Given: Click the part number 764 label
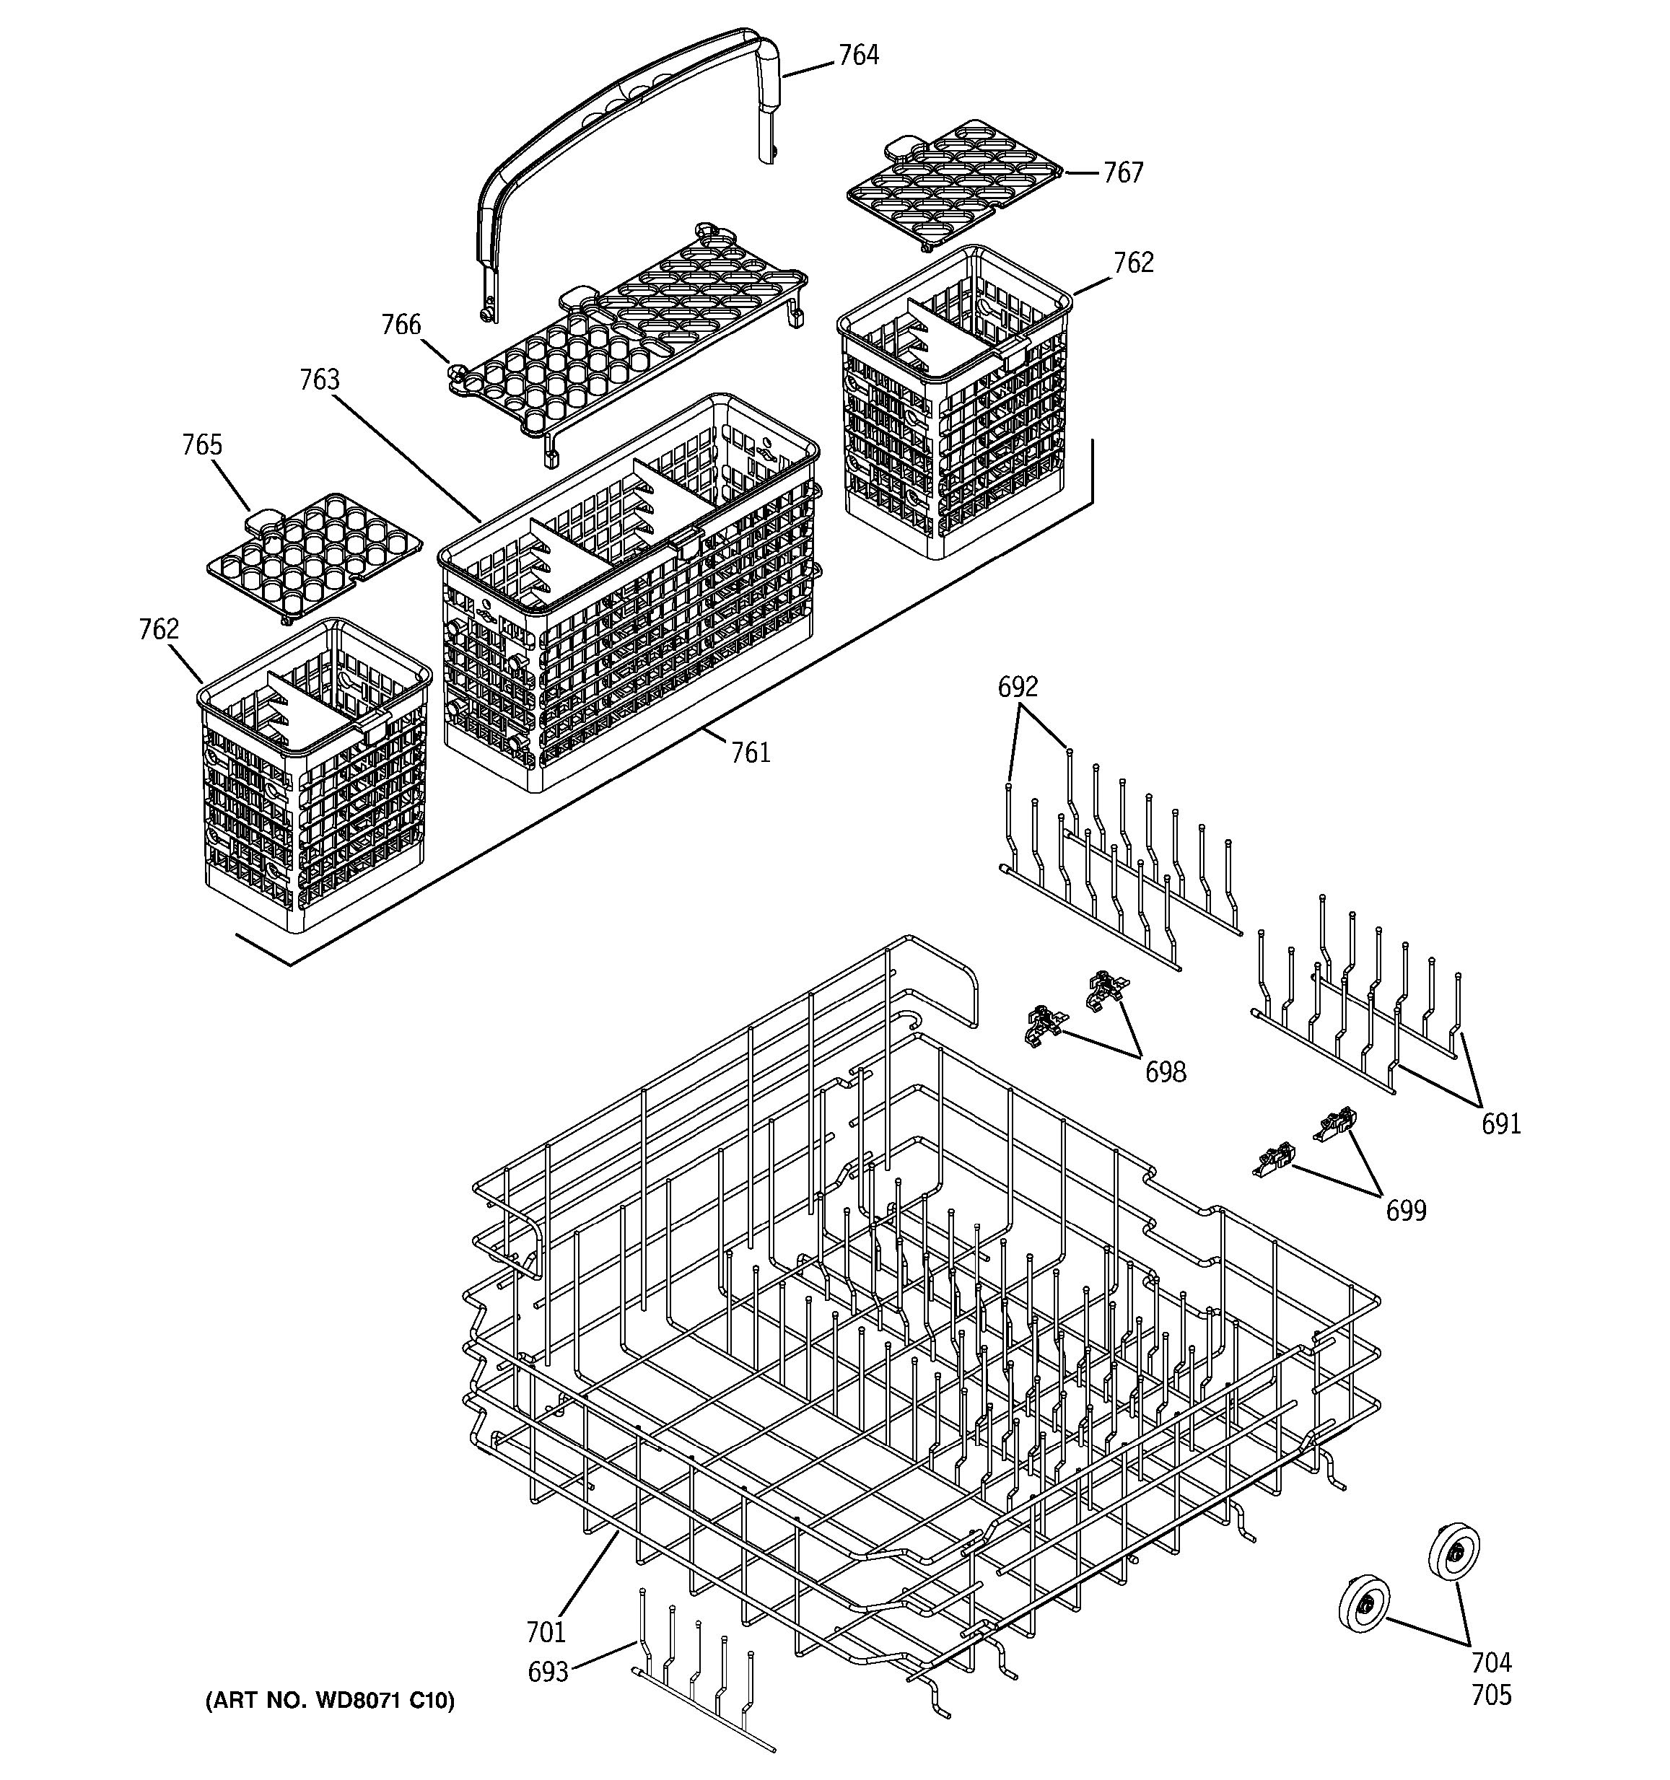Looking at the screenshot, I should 858,56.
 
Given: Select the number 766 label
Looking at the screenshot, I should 401,324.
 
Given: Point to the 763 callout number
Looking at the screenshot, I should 319,380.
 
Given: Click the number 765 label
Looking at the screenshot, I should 201,445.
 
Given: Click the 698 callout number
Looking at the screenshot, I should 1165,1071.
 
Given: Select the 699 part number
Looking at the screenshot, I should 1405,1211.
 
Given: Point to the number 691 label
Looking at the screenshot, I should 1500,1123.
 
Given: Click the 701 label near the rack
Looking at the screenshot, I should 546,1632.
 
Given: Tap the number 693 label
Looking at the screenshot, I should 547,1672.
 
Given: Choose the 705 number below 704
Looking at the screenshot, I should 1491,1695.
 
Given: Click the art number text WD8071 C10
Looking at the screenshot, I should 330,1701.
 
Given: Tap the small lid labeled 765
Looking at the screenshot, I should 313,555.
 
